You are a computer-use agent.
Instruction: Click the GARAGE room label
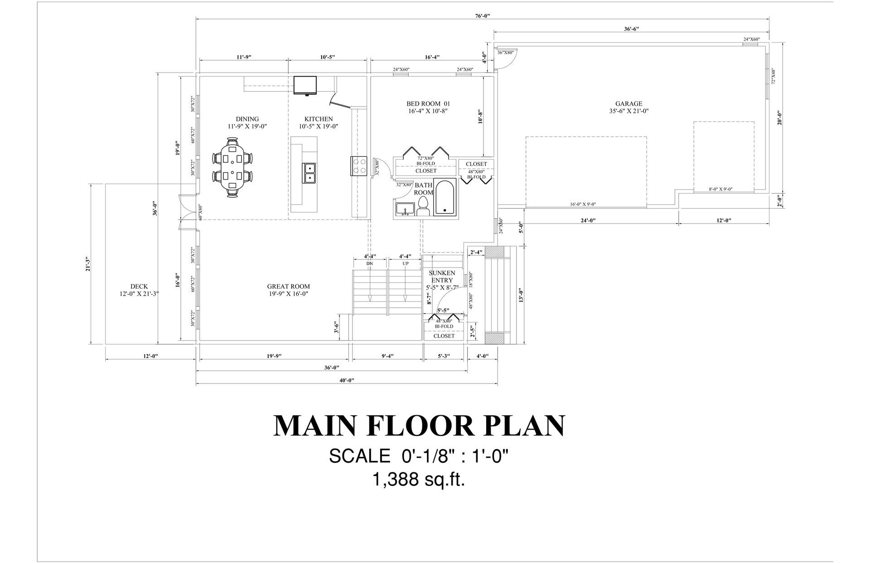pyautogui.click(x=628, y=104)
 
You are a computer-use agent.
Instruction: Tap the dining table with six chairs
pyautogui.click(x=233, y=167)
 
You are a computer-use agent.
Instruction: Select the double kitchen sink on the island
pyautogui.click(x=310, y=173)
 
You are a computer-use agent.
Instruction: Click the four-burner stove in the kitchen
pyautogui.click(x=358, y=165)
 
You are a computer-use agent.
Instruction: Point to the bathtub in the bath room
pyautogui.click(x=445, y=197)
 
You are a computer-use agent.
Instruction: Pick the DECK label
pyautogui.click(x=139, y=286)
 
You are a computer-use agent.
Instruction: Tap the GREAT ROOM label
pyautogui.click(x=289, y=286)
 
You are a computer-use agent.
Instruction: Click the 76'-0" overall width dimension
pyautogui.click(x=483, y=16)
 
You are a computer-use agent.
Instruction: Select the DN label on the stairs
pyautogui.click(x=370, y=263)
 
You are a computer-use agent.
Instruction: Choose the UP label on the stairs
pyautogui.click(x=406, y=263)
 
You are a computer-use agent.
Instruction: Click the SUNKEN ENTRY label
pyautogui.click(x=442, y=277)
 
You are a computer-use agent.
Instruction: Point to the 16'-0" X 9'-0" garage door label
pyautogui.click(x=583, y=204)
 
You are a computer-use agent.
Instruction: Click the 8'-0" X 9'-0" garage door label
pyautogui.click(x=721, y=189)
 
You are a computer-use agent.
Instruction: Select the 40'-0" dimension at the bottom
pyautogui.click(x=347, y=380)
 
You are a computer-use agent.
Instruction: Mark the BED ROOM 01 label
pyautogui.click(x=428, y=104)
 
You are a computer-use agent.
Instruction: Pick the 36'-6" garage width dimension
pyautogui.click(x=631, y=29)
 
